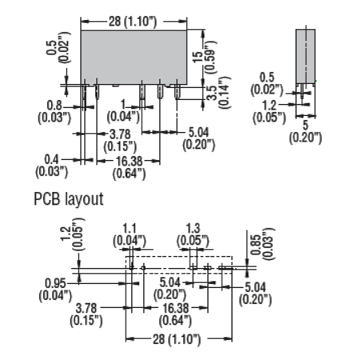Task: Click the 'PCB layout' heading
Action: pos(69,199)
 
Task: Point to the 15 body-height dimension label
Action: pos(198,57)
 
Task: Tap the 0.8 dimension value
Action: pos(54,106)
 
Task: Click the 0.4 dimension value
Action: pos(51,159)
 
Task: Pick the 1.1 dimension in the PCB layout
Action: pos(130,229)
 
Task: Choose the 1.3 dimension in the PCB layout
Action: pos(193,229)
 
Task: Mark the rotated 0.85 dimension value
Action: pos(254,245)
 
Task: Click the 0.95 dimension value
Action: pos(55,283)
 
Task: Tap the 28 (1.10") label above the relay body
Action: pos(133,22)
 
